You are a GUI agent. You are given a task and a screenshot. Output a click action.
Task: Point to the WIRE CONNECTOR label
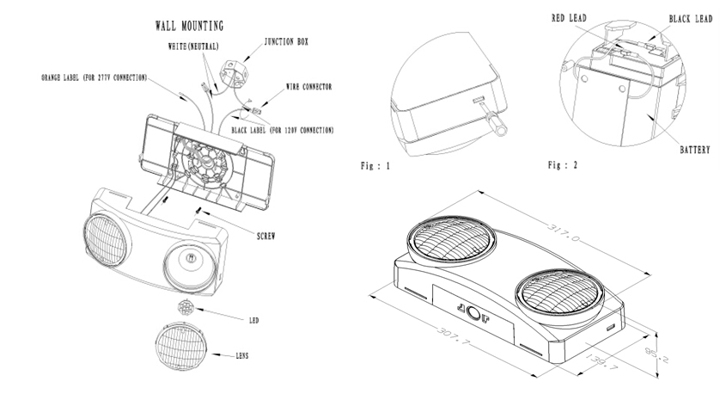coord(309,87)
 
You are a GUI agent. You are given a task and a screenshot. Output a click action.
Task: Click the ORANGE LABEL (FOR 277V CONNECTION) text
coord(95,77)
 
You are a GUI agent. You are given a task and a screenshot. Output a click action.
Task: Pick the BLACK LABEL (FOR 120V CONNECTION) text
coord(283,130)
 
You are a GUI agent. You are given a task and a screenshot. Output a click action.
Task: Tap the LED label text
coord(253,320)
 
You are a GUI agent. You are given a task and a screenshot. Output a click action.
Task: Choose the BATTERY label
coord(695,150)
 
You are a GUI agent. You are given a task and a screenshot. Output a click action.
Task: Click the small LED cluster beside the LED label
coord(185,307)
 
